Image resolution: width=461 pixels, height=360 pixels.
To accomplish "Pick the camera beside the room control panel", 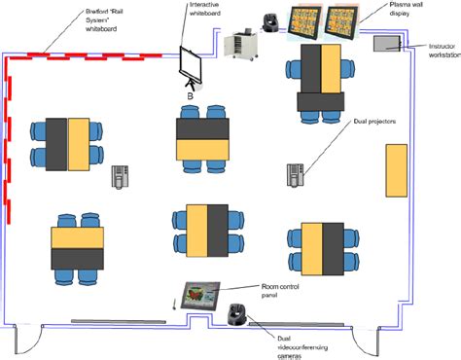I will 234,315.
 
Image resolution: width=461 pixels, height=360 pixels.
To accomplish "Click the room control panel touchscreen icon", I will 200,294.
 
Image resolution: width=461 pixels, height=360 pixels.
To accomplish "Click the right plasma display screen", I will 347,23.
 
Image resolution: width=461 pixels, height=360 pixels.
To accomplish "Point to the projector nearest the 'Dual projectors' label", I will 297,175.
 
